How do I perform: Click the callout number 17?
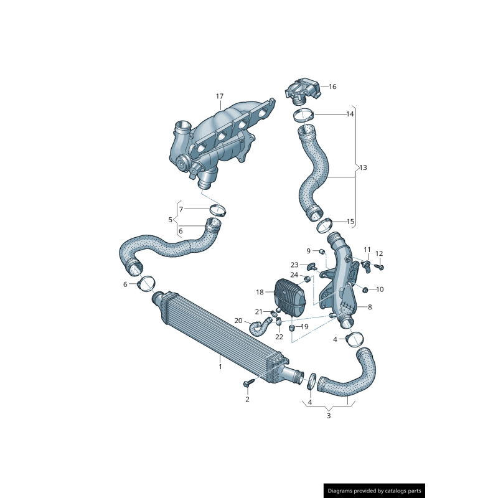click(x=219, y=96)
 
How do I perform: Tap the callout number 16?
click(x=332, y=87)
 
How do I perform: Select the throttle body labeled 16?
click(x=303, y=90)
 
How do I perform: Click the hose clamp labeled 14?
click(x=304, y=115)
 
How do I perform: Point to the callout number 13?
click(x=364, y=168)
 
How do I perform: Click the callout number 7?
click(x=181, y=209)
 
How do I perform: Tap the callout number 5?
click(x=170, y=220)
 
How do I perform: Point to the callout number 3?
click(x=329, y=416)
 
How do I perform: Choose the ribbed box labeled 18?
click(x=289, y=297)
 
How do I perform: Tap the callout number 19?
click(x=304, y=327)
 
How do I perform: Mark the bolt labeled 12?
click(x=381, y=267)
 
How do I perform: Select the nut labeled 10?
click(x=365, y=289)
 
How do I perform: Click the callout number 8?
click(x=370, y=307)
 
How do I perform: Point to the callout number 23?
click(x=294, y=265)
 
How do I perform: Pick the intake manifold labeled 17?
click(x=218, y=140)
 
